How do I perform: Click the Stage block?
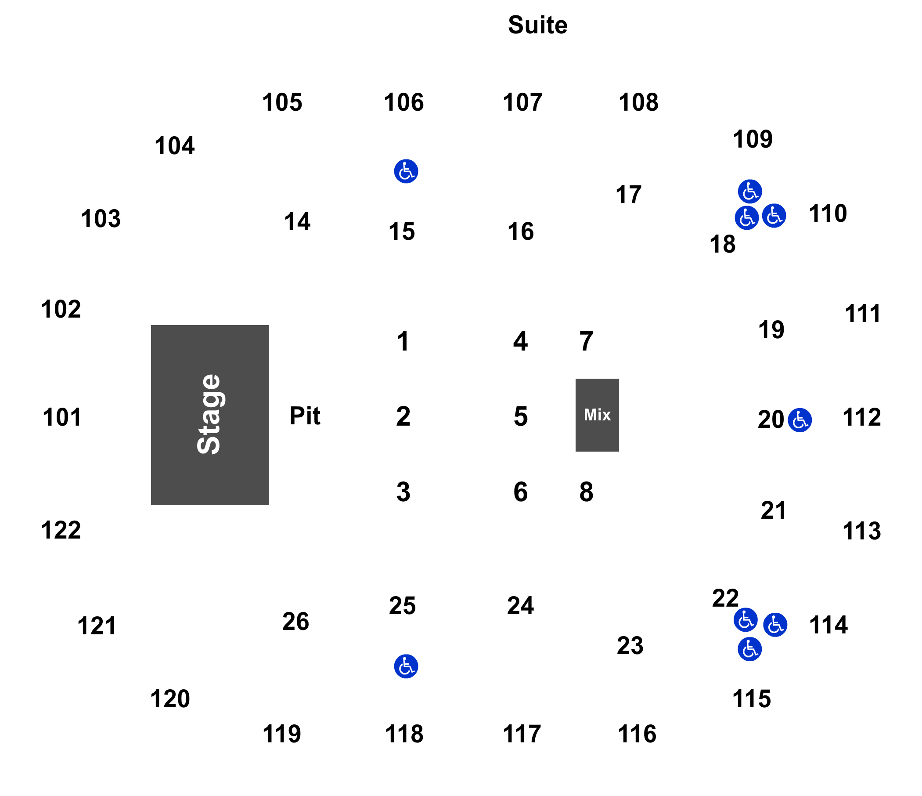pyautogui.click(x=209, y=415)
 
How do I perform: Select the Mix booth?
pyautogui.click(x=597, y=415)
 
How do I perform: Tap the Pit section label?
pyautogui.click(x=305, y=416)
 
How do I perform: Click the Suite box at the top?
pyautogui.click(x=537, y=25)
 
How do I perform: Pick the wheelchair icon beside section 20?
pyautogui.click(x=799, y=420)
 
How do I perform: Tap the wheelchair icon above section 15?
pyautogui.click(x=406, y=171)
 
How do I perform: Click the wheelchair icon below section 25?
pyautogui.click(x=406, y=666)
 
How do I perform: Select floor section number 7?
pyautogui.click(x=586, y=341)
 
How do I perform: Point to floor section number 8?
pyautogui.click(x=586, y=492)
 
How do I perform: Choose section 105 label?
pyautogui.click(x=282, y=102)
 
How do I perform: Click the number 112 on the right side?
pyautogui.click(x=862, y=418)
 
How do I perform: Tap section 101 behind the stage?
pyautogui.click(x=62, y=418)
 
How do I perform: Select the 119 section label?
pyautogui.click(x=282, y=734)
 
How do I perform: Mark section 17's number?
pyautogui.click(x=628, y=195)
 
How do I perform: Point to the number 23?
pyautogui.click(x=630, y=645)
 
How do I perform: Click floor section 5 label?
pyautogui.click(x=521, y=416)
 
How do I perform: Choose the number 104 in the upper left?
pyautogui.click(x=174, y=145)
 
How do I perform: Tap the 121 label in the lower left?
pyautogui.click(x=97, y=626)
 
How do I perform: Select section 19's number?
pyautogui.click(x=771, y=330)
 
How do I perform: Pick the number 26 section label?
pyautogui.click(x=295, y=622)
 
